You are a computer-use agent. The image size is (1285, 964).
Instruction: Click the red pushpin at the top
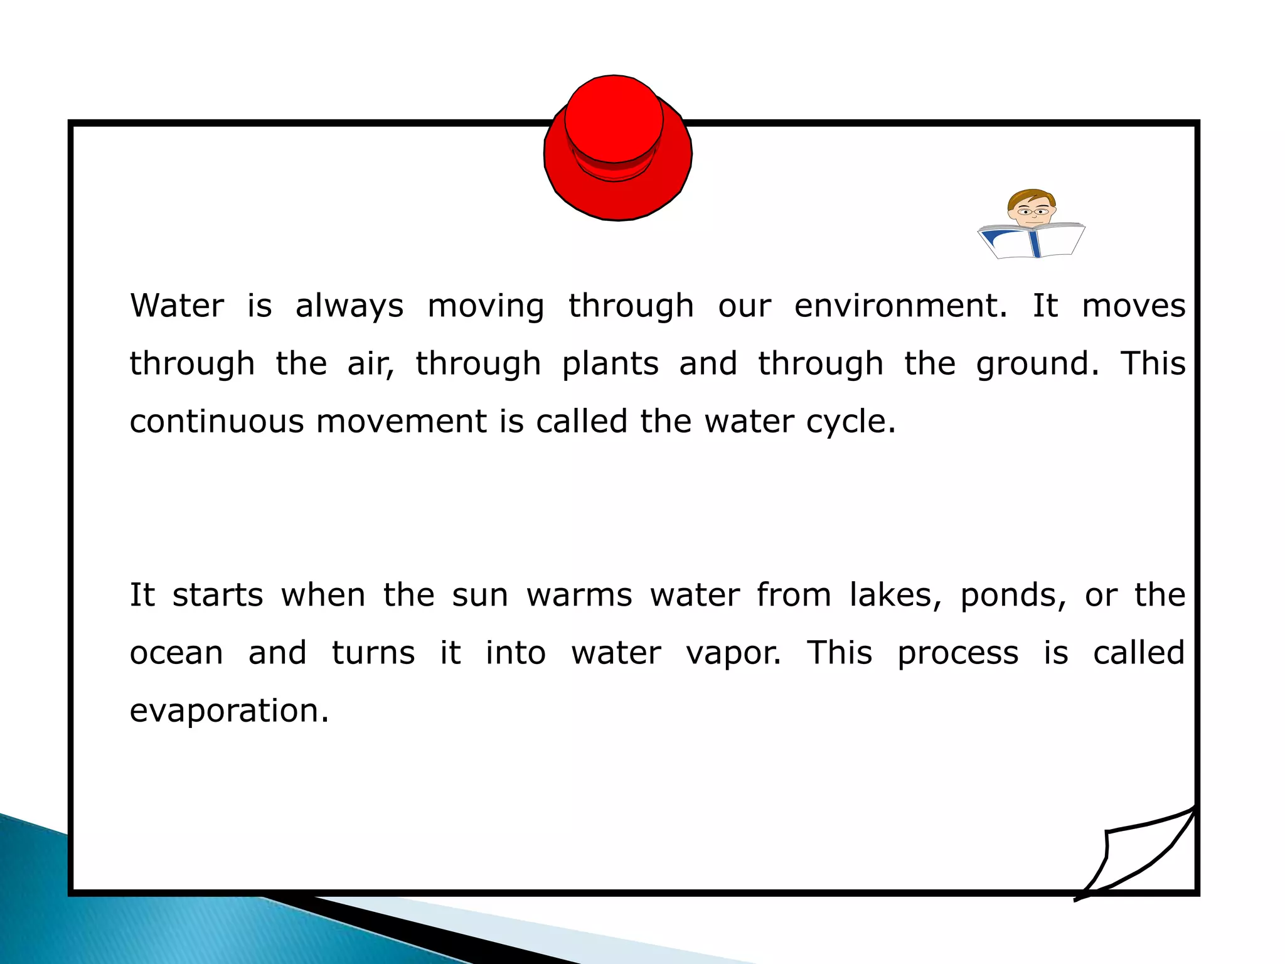[x=617, y=148]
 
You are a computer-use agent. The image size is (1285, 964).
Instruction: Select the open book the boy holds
[x=1032, y=241]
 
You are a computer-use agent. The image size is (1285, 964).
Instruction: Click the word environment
[x=900, y=306]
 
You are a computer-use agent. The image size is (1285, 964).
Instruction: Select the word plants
[x=610, y=365]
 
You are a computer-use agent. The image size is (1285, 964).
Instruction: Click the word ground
[x=1037, y=365]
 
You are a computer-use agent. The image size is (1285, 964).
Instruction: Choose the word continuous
[x=216, y=421]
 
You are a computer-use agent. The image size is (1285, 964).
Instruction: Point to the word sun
[x=480, y=595]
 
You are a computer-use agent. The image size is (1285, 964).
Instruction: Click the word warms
[x=579, y=595]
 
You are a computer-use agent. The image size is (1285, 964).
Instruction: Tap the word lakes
[x=895, y=595]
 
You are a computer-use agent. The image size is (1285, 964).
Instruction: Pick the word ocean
[x=176, y=653]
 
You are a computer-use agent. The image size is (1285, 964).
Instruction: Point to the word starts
[x=218, y=595]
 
